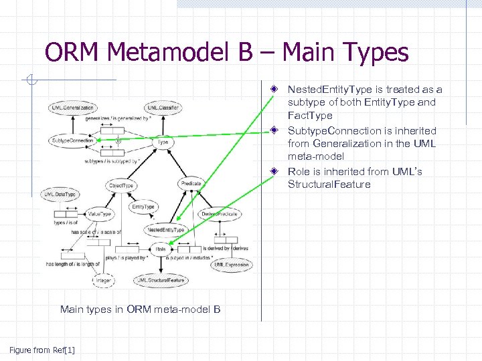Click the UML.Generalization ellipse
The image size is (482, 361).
pos(72,108)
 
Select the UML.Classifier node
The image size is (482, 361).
pos(163,108)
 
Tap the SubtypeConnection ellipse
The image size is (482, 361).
pos(72,141)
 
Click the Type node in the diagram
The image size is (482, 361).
pos(163,142)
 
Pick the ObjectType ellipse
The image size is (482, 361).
pos(120,185)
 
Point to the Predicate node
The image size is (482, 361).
pos(190,183)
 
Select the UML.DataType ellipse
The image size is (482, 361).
pos(60,194)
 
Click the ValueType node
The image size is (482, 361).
pos(99,214)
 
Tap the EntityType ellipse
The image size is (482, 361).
pos(143,207)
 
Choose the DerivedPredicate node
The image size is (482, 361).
pos(220,214)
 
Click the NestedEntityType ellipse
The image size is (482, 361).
pos(166,230)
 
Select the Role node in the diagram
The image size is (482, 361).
pos(161,249)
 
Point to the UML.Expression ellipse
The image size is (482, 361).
pos(232,265)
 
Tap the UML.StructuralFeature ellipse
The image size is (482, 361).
pos(160,281)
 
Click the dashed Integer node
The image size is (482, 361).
pos(103,281)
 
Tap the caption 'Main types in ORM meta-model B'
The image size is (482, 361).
pos(140,309)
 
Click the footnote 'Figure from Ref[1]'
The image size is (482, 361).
pos(42,350)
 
